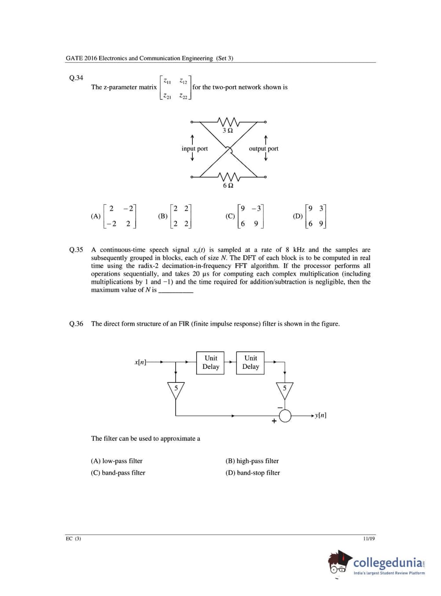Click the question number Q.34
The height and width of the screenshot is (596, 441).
click(x=76, y=78)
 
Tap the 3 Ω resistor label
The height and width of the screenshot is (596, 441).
click(x=228, y=131)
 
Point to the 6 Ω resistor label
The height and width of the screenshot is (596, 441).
click(x=228, y=185)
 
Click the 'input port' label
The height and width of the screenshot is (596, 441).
click(x=195, y=149)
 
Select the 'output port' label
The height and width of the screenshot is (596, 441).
click(x=264, y=149)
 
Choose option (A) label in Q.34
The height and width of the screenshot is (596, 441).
click(x=96, y=216)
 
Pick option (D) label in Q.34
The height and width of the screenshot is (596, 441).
click(x=298, y=216)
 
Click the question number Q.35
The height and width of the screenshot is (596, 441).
click(x=76, y=250)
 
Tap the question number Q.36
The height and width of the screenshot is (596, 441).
click(x=76, y=324)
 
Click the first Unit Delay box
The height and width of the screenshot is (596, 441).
click(x=210, y=363)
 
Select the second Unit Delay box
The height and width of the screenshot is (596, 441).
click(x=250, y=363)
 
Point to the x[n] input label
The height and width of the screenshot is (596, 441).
click(x=140, y=362)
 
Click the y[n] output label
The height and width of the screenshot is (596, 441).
click(x=321, y=415)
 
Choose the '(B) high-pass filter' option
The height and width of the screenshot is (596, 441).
click(x=252, y=461)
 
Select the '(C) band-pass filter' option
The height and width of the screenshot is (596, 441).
click(x=118, y=473)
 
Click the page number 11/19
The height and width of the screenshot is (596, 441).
click(x=369, y=539)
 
